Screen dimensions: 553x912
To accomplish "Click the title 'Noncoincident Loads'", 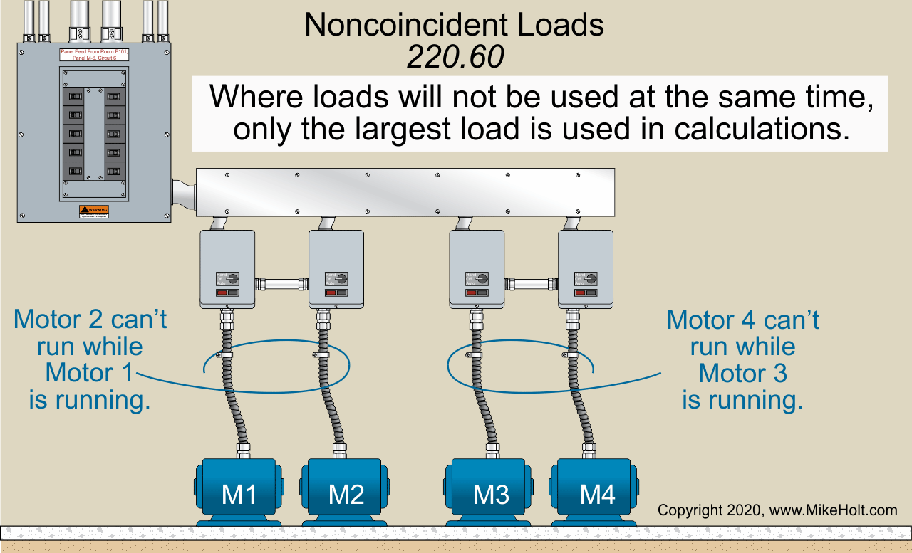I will pos(454,26).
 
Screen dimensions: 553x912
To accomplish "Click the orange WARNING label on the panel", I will pos(94,211).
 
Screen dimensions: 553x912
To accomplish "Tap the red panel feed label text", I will pos(95,55).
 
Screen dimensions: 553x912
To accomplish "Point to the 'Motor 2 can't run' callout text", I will pos(90,359).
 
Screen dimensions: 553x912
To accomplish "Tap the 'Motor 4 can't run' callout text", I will pos(743,359).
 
